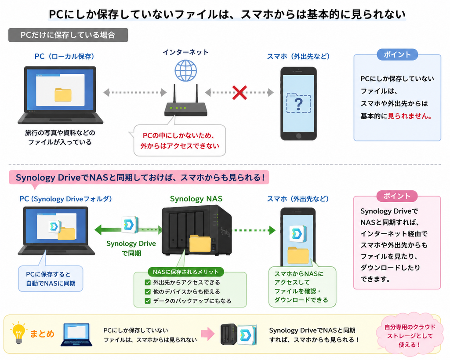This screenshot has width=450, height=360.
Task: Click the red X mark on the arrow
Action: (240, 92)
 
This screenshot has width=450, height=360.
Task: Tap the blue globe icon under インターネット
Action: (186, 71)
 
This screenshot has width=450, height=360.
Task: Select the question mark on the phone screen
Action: (298, 104)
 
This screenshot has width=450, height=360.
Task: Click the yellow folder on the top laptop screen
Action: (63, 95)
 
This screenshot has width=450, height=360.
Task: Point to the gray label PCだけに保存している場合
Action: (68, 35)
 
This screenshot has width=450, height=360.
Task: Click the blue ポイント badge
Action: (397, 54)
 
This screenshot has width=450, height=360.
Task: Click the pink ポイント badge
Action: (397, 196)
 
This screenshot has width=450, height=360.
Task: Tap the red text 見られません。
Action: (410, 116)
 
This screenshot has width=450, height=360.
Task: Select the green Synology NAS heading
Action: (196, 199)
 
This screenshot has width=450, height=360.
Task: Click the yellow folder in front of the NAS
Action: (200, 244)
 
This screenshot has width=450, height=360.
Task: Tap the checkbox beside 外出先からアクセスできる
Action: (148, 283)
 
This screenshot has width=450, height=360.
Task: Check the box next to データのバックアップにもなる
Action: (148, 301)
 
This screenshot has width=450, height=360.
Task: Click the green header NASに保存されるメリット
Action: (186, 272)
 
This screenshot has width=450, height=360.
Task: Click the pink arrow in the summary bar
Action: (208, 334)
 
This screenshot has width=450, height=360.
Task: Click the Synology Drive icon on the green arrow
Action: (130, 225)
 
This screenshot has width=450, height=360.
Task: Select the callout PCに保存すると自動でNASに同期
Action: (51, 279)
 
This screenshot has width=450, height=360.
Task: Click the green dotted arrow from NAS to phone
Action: (254, 230)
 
